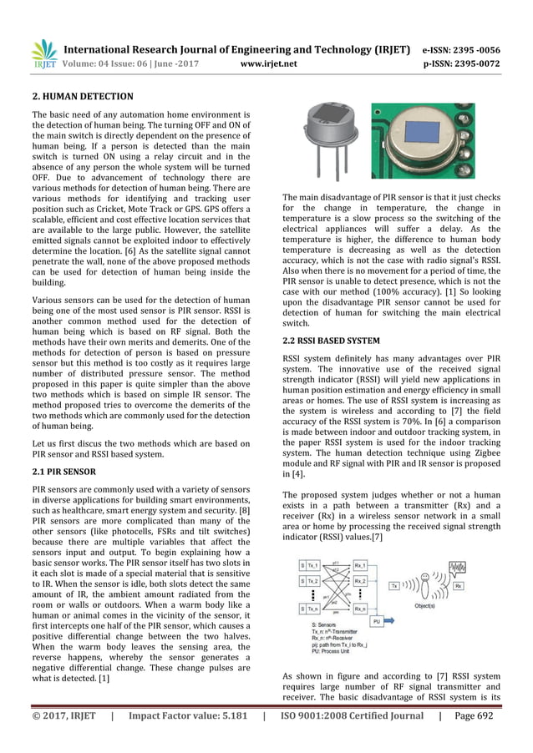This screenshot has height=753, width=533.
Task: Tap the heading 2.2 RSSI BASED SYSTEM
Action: (x=332, y=341)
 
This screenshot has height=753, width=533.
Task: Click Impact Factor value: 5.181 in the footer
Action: (x=183, y=715)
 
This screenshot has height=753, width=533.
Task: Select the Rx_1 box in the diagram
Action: (x=362, y=565)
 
